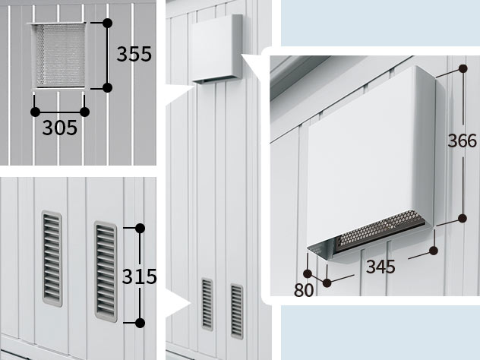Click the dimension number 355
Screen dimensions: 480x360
tap(134, 54)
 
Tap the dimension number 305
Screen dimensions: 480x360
tap(60, 128)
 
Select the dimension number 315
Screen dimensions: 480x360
tap(139, 276)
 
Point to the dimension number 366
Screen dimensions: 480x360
tap(463, 141)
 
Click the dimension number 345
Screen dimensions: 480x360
tap(381, 267)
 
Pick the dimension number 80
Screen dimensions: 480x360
tap(304, 290)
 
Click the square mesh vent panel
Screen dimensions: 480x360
tap(58, 55)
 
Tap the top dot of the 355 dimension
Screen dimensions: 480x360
tap(107, 23)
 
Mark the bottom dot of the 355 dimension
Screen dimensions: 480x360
tap(107, 88)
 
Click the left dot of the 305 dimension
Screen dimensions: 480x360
tap(35, 112)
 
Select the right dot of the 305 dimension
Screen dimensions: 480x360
tap(84, 112)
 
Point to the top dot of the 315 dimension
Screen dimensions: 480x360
tap(140, 228)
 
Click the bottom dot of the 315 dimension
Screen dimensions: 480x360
tap(140, 323)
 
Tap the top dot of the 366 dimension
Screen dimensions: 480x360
tap(463, 68)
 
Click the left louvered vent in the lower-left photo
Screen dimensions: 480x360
tap(52, 259)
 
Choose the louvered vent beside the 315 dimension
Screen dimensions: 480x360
tap(106, 272)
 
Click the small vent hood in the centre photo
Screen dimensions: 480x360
tap(216, 49)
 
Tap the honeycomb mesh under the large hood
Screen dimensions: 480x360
tap(380, 229)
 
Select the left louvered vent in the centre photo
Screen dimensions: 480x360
tap(207, 305)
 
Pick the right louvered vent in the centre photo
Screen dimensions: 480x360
tap(237, 311)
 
